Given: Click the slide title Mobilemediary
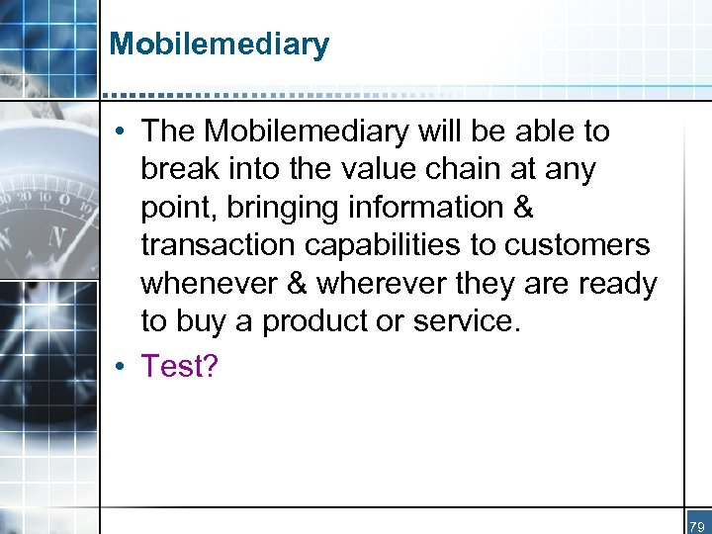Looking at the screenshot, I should tap(219, 44).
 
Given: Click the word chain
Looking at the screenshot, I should tap(463, 169).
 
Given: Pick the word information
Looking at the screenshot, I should tap(423, 208).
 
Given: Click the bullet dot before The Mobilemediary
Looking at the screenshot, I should tap(120, 132).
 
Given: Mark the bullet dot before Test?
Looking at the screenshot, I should tap(120, 367).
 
